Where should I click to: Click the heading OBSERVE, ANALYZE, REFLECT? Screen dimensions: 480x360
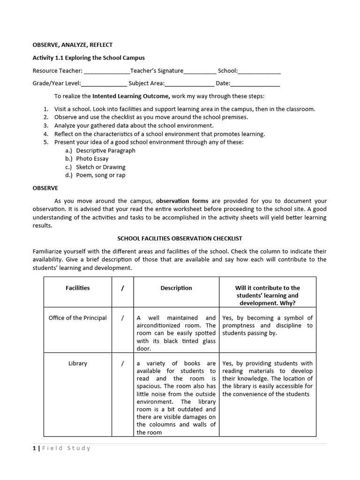click(72, 45)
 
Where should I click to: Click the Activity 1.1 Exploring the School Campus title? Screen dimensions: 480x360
click(89, 58)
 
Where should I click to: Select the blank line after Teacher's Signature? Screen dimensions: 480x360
click(200, 71)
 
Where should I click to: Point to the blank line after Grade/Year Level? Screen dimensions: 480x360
click(104, 84)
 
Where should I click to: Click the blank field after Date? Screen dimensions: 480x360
click(255, 84)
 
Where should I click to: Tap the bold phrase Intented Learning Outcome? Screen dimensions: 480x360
click(131, 96)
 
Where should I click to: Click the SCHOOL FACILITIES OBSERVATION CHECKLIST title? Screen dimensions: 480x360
click(180, 239)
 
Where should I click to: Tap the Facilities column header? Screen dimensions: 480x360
click(77, 288)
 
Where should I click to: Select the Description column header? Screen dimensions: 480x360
click(176, 288)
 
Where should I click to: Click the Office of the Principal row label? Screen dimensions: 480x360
click(77, 318)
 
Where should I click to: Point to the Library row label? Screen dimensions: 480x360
click(77, 363)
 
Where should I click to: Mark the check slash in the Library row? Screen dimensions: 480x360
click(122, 363)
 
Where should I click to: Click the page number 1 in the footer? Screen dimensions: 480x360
click(34, 448)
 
